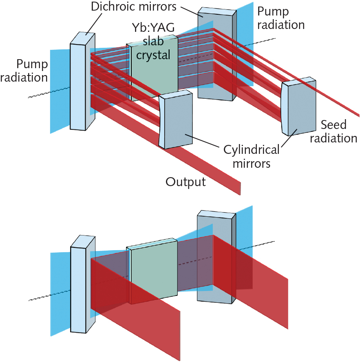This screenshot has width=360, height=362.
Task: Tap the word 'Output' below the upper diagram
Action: click(185, 182)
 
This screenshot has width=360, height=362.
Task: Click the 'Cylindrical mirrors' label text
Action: click(252, 156)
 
